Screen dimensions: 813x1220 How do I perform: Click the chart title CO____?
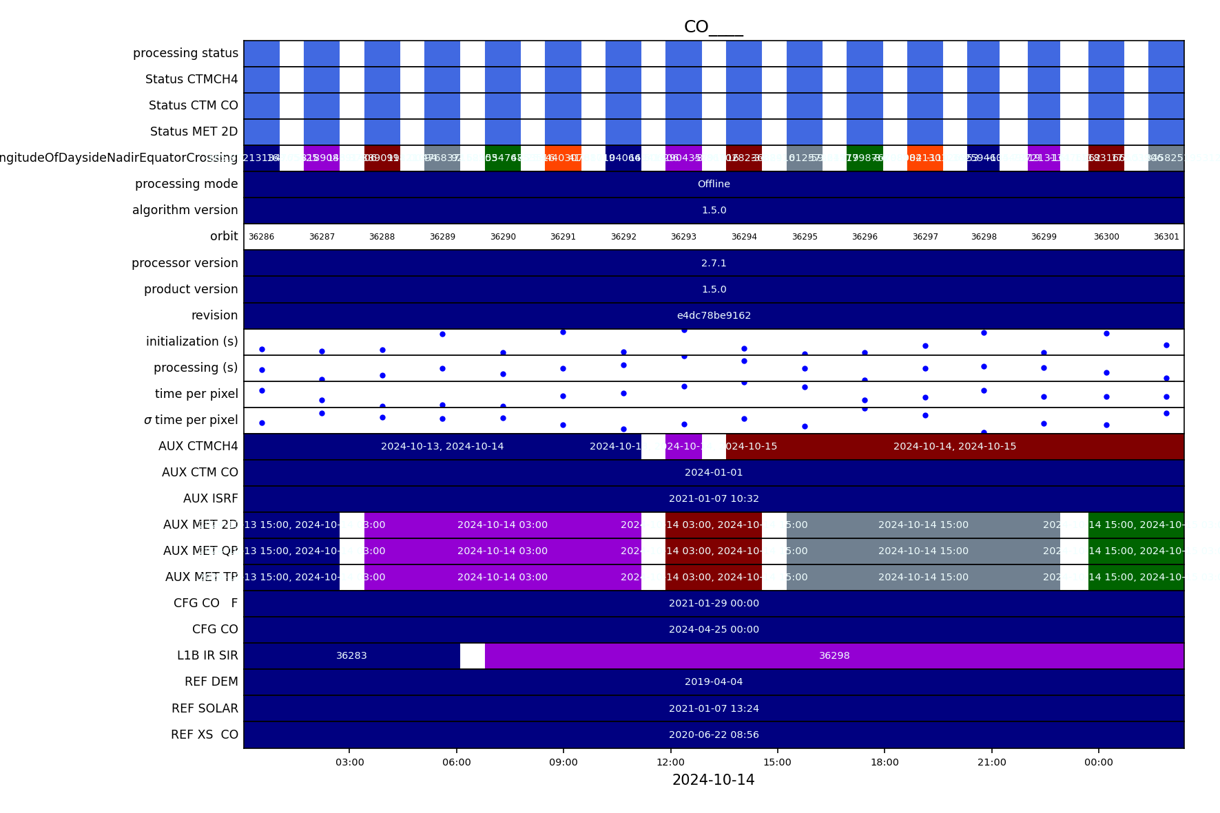[713, 27]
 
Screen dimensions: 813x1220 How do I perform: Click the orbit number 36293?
[683, 237]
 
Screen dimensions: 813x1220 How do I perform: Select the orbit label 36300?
[1106, 237]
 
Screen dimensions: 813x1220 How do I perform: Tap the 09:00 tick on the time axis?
[564, 762]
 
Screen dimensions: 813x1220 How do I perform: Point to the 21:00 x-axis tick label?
[991, 762]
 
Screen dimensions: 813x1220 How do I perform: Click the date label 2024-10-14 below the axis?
[713, 780]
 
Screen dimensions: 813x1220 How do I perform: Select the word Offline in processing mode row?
[714, 184]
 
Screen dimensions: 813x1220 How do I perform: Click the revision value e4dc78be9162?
[714, 315]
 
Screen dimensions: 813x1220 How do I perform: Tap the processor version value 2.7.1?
[714, 263]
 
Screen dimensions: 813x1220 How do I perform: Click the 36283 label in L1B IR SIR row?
[351, 655]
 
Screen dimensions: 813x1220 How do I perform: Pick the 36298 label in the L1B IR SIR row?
[834, 655]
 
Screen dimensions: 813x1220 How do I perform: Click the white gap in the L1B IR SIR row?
[473, 655]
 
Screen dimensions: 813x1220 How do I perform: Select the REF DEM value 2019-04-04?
[714, 682]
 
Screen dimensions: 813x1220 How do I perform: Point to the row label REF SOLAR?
[205, 708]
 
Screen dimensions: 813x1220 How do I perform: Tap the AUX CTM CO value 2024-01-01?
[714, 472]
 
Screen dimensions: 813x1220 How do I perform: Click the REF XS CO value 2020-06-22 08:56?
[714, 735]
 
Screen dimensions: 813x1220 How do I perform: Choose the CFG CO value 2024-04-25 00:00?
[714, 629]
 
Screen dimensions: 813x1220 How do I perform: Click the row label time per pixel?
[196, 394]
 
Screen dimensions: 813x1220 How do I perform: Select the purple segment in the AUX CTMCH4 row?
[683, 446]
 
